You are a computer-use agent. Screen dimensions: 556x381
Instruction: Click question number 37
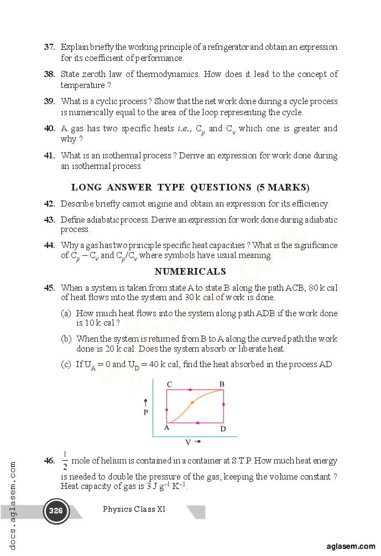[x=49, y=48]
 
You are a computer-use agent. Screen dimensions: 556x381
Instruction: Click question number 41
[x=49, y=156]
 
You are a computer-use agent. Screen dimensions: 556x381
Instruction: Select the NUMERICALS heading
[x=190, y=271]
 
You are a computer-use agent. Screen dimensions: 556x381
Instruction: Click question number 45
[x=49, y=288]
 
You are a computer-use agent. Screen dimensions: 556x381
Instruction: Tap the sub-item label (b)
[x=66, y=338]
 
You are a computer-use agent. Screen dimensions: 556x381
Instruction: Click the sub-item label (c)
[x=66, y=364]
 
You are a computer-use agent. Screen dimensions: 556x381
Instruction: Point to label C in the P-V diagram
[x=169, y=384]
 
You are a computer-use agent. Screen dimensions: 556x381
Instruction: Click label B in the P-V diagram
[x=222, y=384]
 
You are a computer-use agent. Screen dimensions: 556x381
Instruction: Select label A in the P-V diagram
[x=167, y=428]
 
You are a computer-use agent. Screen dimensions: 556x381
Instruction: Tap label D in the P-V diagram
[x=223, y=429]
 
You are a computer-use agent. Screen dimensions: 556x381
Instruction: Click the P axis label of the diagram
[x=145, y=412]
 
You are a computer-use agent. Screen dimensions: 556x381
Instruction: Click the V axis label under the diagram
[x=189, y=442]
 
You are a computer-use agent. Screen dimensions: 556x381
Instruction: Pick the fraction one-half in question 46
[x=65, y=461]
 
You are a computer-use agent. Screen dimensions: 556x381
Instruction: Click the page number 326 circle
[x=56, y=511]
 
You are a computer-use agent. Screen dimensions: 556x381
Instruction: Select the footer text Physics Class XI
[x=134, y=509]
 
